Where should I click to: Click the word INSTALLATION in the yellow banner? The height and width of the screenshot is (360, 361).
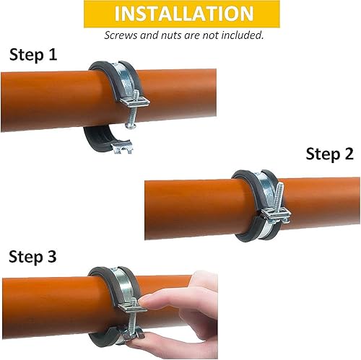click(x=184, y=14)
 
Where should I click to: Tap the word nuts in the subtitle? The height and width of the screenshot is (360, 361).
click(x=171, y=35)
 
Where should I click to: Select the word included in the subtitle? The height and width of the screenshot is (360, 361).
click(x=242, y=35)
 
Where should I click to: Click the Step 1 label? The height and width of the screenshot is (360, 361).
click(x=33, y=55)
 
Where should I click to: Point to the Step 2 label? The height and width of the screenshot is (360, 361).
click(x=329, y=154)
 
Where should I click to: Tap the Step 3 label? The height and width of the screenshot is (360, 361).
click(x=32, y=257)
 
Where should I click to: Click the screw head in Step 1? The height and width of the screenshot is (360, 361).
click(x=131, y=126)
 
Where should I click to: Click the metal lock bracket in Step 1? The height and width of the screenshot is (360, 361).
click(x=135, y=102)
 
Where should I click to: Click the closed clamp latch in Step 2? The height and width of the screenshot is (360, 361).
click(x=277, y=215)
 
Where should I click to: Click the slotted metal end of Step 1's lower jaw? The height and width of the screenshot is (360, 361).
click(x=123, y=147)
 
